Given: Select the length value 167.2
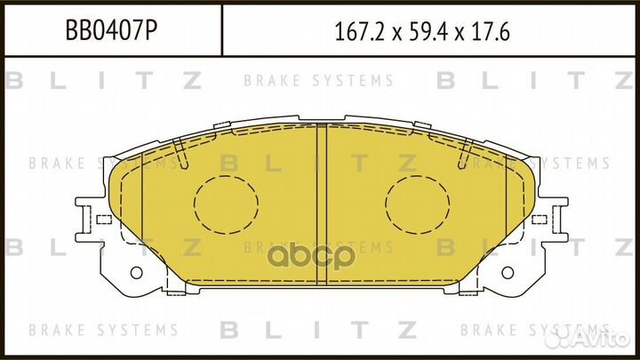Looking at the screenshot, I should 358,33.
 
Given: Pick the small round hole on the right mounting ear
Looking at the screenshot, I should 508,272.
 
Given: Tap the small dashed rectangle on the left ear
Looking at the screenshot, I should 103,219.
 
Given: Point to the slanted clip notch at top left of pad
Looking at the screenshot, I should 180,153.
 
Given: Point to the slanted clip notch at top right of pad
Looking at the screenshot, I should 463,153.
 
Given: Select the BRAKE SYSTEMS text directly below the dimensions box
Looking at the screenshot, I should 318,81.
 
